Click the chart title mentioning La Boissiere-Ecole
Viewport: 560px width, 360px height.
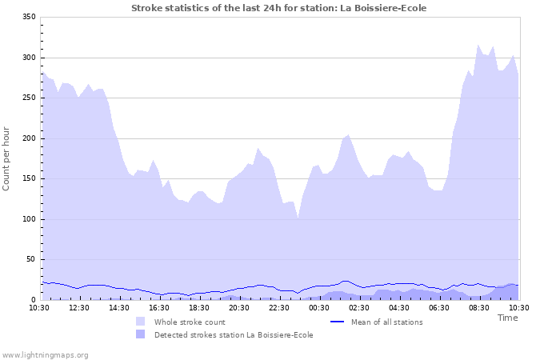pyautogui.click(x=278, y=8)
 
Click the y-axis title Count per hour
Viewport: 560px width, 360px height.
pyautogui.click(x=7, y=158)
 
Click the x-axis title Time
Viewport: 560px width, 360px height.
pyautogui.click(x=507, y=318)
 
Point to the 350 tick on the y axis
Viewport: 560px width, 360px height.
pyautogui.click(x=28, y=17)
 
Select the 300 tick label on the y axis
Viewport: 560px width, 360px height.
pyautogui.click(x=28, y=58)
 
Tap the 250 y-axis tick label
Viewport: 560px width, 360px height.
pyautogui.click(x=28, y=98)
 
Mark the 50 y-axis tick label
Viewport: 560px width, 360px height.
pyautogui.click(x=30, y=259)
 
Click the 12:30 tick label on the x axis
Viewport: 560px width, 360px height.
pyautogui.click(x=79, y=307)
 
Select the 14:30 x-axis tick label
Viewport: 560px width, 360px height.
pyautogui.click(x=119, y=307)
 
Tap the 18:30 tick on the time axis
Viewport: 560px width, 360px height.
pyautogui.click(x=199, y=307)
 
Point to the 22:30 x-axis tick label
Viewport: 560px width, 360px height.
pyautogui.click(x=279, y=307)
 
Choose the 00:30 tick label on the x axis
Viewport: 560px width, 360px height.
pyautogui.click(x=319, y=307)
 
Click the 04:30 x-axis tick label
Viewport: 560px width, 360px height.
pyautogui.click(x=399, y=307)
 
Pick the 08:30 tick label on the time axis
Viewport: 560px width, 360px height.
pyautogui.click(x=479, y=307)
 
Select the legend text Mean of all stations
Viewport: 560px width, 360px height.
pyautogui.click(x=386, y=322)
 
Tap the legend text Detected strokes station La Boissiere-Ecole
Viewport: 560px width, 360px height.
pyautogui.click(x=234, y=334)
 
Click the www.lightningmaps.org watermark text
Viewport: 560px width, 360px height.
pyautogui.click(x=45, y=354)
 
